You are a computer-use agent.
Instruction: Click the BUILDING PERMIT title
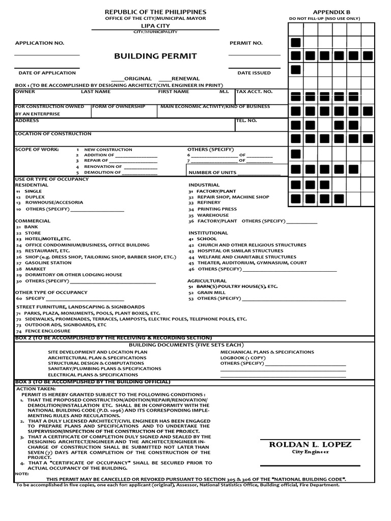[156, 56]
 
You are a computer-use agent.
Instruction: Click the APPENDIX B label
[331, 12]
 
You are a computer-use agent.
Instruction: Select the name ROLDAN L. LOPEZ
[310, 445]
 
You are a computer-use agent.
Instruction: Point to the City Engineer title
[310, 452]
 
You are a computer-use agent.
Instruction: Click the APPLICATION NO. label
[39, 43]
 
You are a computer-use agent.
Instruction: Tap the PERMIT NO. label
[246, 43]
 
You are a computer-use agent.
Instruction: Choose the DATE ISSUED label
[254, 73]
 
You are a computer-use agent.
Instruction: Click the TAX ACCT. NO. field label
[254, 92]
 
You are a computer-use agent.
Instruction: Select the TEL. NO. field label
[246, 121]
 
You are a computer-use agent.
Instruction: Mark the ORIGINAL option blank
[117, 79]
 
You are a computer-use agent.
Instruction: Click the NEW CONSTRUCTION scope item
[108, 150]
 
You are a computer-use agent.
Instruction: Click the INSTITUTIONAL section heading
[209, 233]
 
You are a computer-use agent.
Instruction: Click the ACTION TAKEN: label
[33, 388]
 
